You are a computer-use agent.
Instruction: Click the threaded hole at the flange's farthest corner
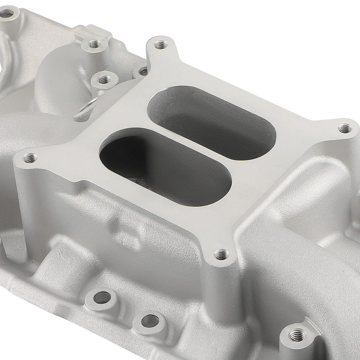pos(160,45)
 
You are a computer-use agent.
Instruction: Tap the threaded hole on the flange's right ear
pos(345,129)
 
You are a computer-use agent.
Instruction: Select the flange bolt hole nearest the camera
pos(221,255)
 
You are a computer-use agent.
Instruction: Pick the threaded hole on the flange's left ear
pos(30,159)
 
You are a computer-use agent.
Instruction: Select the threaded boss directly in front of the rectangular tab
pos(94,45)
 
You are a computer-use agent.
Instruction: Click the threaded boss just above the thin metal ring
pos(104,80)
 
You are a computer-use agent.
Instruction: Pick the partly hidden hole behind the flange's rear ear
pos(142,71)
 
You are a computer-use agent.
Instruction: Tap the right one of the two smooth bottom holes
pos(150,320)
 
